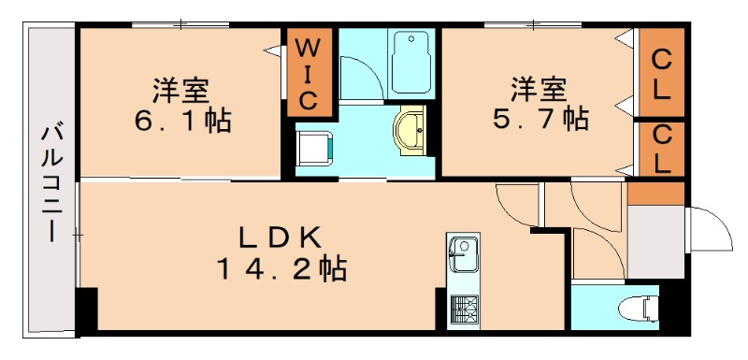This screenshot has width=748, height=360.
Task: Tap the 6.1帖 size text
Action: click(x=183, y=121)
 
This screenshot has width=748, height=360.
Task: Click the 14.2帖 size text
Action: click(x=281, y=270)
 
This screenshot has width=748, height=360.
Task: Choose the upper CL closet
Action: click(x=660, y=73)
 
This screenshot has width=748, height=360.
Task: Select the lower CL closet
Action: click(x=660, y=149)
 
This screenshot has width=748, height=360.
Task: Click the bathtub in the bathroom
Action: click(x=410, y=62)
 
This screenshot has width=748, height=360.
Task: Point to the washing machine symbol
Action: click(x=313, y=148)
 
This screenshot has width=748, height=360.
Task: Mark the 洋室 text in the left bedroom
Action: click(x=181, y=92)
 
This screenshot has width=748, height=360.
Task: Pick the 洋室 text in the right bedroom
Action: click(x=539, y=91)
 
